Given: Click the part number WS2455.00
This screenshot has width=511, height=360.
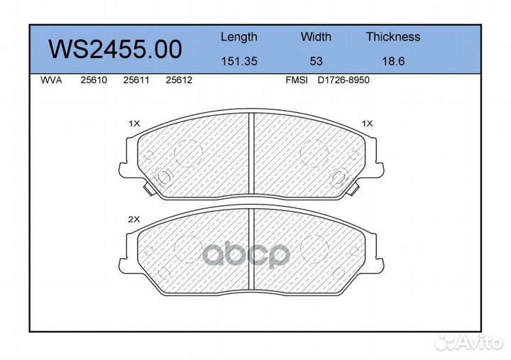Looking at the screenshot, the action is (x=115, y=49).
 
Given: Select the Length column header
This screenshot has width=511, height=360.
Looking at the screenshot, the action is (x=239, y=37).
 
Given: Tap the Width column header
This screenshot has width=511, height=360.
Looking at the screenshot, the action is (x=316, y=36).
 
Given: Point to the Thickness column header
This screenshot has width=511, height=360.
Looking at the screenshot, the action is (x=393, y=36).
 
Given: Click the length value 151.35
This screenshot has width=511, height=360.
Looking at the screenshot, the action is (x=239, y=61).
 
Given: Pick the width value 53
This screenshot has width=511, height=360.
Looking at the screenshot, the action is (x=316, y=61).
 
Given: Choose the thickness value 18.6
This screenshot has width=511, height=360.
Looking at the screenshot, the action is (x=393, y=61).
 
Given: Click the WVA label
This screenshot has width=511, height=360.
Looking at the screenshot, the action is (x=51, y=80).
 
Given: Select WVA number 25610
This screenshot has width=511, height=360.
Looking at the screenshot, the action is (x=94, y=80).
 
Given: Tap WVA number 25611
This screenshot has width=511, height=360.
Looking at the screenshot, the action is (x=136, y=80).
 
